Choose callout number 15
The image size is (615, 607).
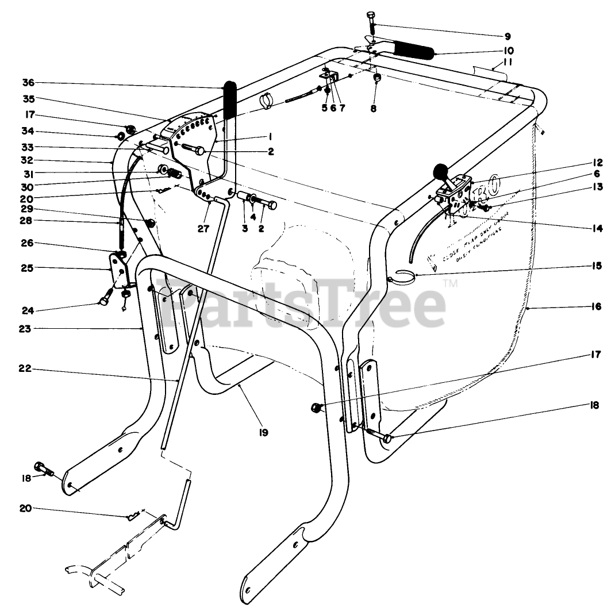pos(595,266)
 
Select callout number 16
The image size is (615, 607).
pos(595,307)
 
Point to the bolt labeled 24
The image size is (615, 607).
pos(105,301)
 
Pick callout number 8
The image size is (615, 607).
pos(373,107)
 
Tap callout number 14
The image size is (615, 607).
pos(595,228)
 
